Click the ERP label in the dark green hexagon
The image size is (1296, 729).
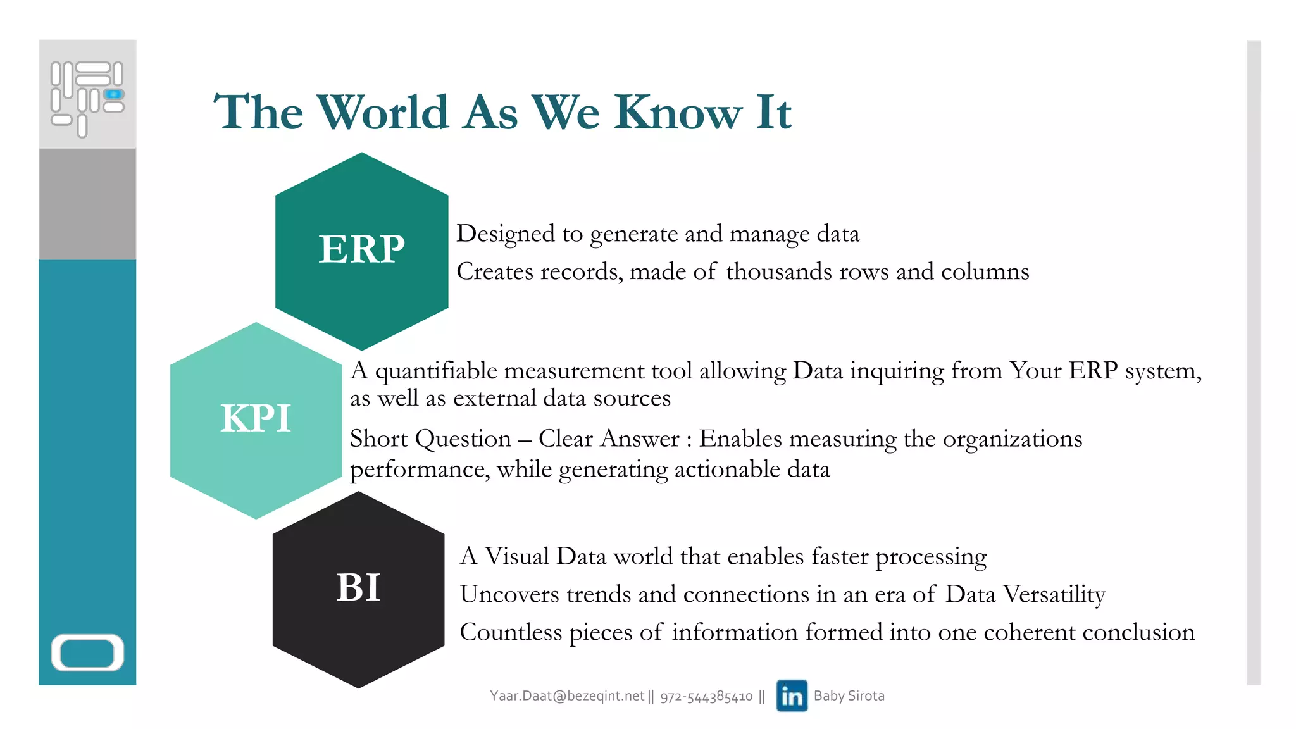[361, 249]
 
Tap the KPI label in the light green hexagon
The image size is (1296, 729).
[256, 418]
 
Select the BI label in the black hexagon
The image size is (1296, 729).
[358, 587]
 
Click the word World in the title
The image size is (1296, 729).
[383, 113]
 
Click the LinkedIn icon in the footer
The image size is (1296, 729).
[792, 695]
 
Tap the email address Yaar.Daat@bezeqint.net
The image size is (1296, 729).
[566, 696]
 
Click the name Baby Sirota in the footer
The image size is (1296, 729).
[849, 695]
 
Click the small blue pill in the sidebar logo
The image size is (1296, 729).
[114, 94]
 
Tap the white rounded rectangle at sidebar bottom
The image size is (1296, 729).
[87, 652]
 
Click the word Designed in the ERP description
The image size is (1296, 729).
[506, 234]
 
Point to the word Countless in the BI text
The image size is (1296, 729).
[511, 632]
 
